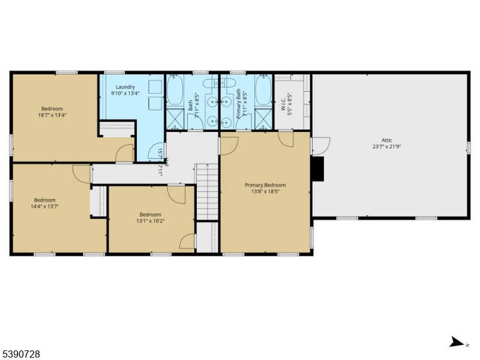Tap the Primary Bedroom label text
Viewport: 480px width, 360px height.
pos(265,185)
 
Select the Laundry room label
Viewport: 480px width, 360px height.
pos(125,86)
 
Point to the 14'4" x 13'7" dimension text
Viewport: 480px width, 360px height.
pos(44,206)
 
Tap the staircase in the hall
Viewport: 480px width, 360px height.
pos(206,192)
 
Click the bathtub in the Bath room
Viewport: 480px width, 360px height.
pos(175,89)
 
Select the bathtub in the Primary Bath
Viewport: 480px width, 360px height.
pos(263,89)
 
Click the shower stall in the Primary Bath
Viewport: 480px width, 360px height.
pos(263,119)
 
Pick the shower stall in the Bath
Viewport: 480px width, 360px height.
pos(175,119)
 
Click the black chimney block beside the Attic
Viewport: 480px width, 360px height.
pos(318,169)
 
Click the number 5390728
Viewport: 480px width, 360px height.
pos(21,355)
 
